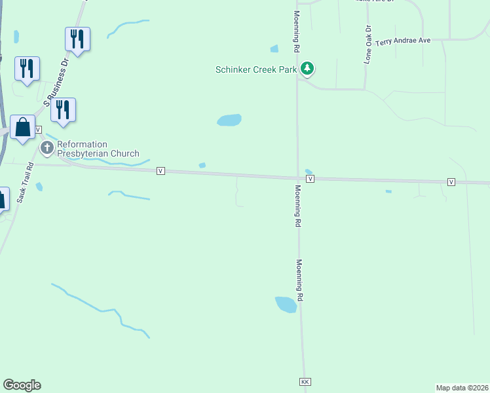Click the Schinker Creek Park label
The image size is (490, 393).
pyautogui.click(x=256, y=69)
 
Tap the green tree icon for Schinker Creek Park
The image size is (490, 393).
pyautogui.click(x=307, y=68)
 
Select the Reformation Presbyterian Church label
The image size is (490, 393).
pyautogui.click(x=98, y=149)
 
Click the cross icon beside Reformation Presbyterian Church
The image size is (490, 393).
pyautogui.click(x=47, y=148)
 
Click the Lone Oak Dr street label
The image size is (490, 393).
pyautogui.click(x=368, y=44)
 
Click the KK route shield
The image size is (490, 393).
pyautogui.click(x=304, y=381)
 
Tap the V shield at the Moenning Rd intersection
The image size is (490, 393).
pyautogui.click(x=311, y=178)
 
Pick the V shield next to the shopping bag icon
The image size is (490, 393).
pyautogui.click(x=38, y=130)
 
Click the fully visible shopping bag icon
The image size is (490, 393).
pyautogui.click(x=22, y=127)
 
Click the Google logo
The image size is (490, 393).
pyautogui.click(x=22, y=385)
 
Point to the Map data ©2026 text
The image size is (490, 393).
pyautogui.click(x=461, y=388)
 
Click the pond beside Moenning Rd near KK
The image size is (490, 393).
pyautogui.click(x=286, y=304)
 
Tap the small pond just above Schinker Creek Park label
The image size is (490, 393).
pyautogui.click(x=274, y=48)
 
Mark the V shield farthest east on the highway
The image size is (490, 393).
pyautogui.click(x=451, y=181)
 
